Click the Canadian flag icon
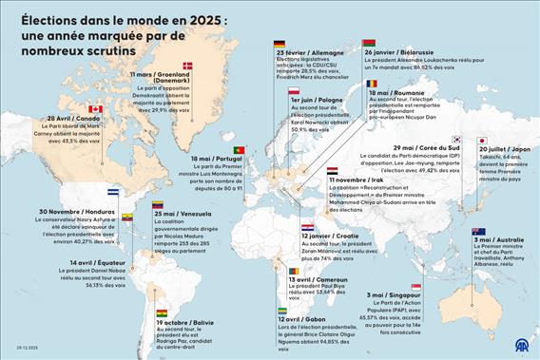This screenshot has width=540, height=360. click(95, 109)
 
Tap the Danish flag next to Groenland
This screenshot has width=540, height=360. click(187, 66)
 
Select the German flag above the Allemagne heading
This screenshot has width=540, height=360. click(280, 44)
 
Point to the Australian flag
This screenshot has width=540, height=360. click(478, 231)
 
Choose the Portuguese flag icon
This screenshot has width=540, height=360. click(239, 150)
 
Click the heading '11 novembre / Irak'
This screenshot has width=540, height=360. click(357, 180)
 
